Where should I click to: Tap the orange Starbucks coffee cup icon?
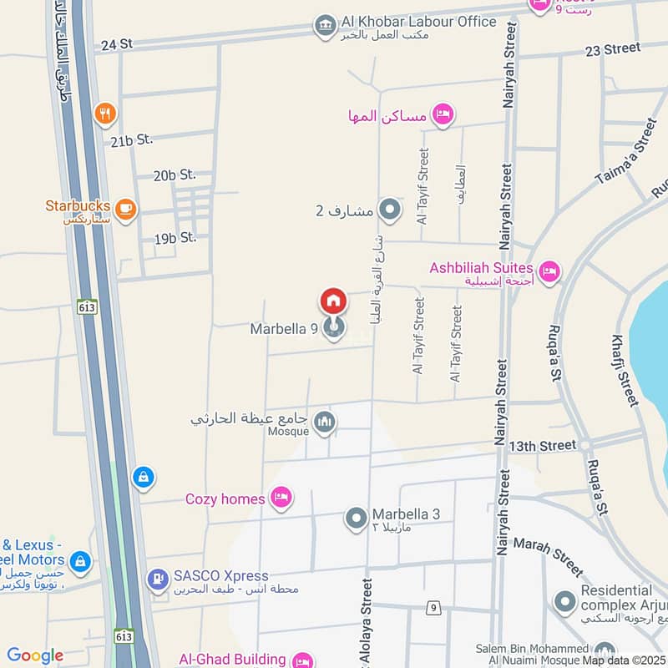coord(125,210)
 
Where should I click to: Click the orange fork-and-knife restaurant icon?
coord(104,114)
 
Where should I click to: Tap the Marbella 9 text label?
coord(284,329)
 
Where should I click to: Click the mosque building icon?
coord(325,423)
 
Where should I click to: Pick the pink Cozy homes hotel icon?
coord(281,498)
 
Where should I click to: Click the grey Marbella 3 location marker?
coord(357,519)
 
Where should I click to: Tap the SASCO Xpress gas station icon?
coord(157,578)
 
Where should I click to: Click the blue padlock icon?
coord(144,478)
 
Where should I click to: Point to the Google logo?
coord(35,656)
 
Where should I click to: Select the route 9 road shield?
coord(433,608)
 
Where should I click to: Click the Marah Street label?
coord(548,556)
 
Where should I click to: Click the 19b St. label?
coord(175,238)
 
